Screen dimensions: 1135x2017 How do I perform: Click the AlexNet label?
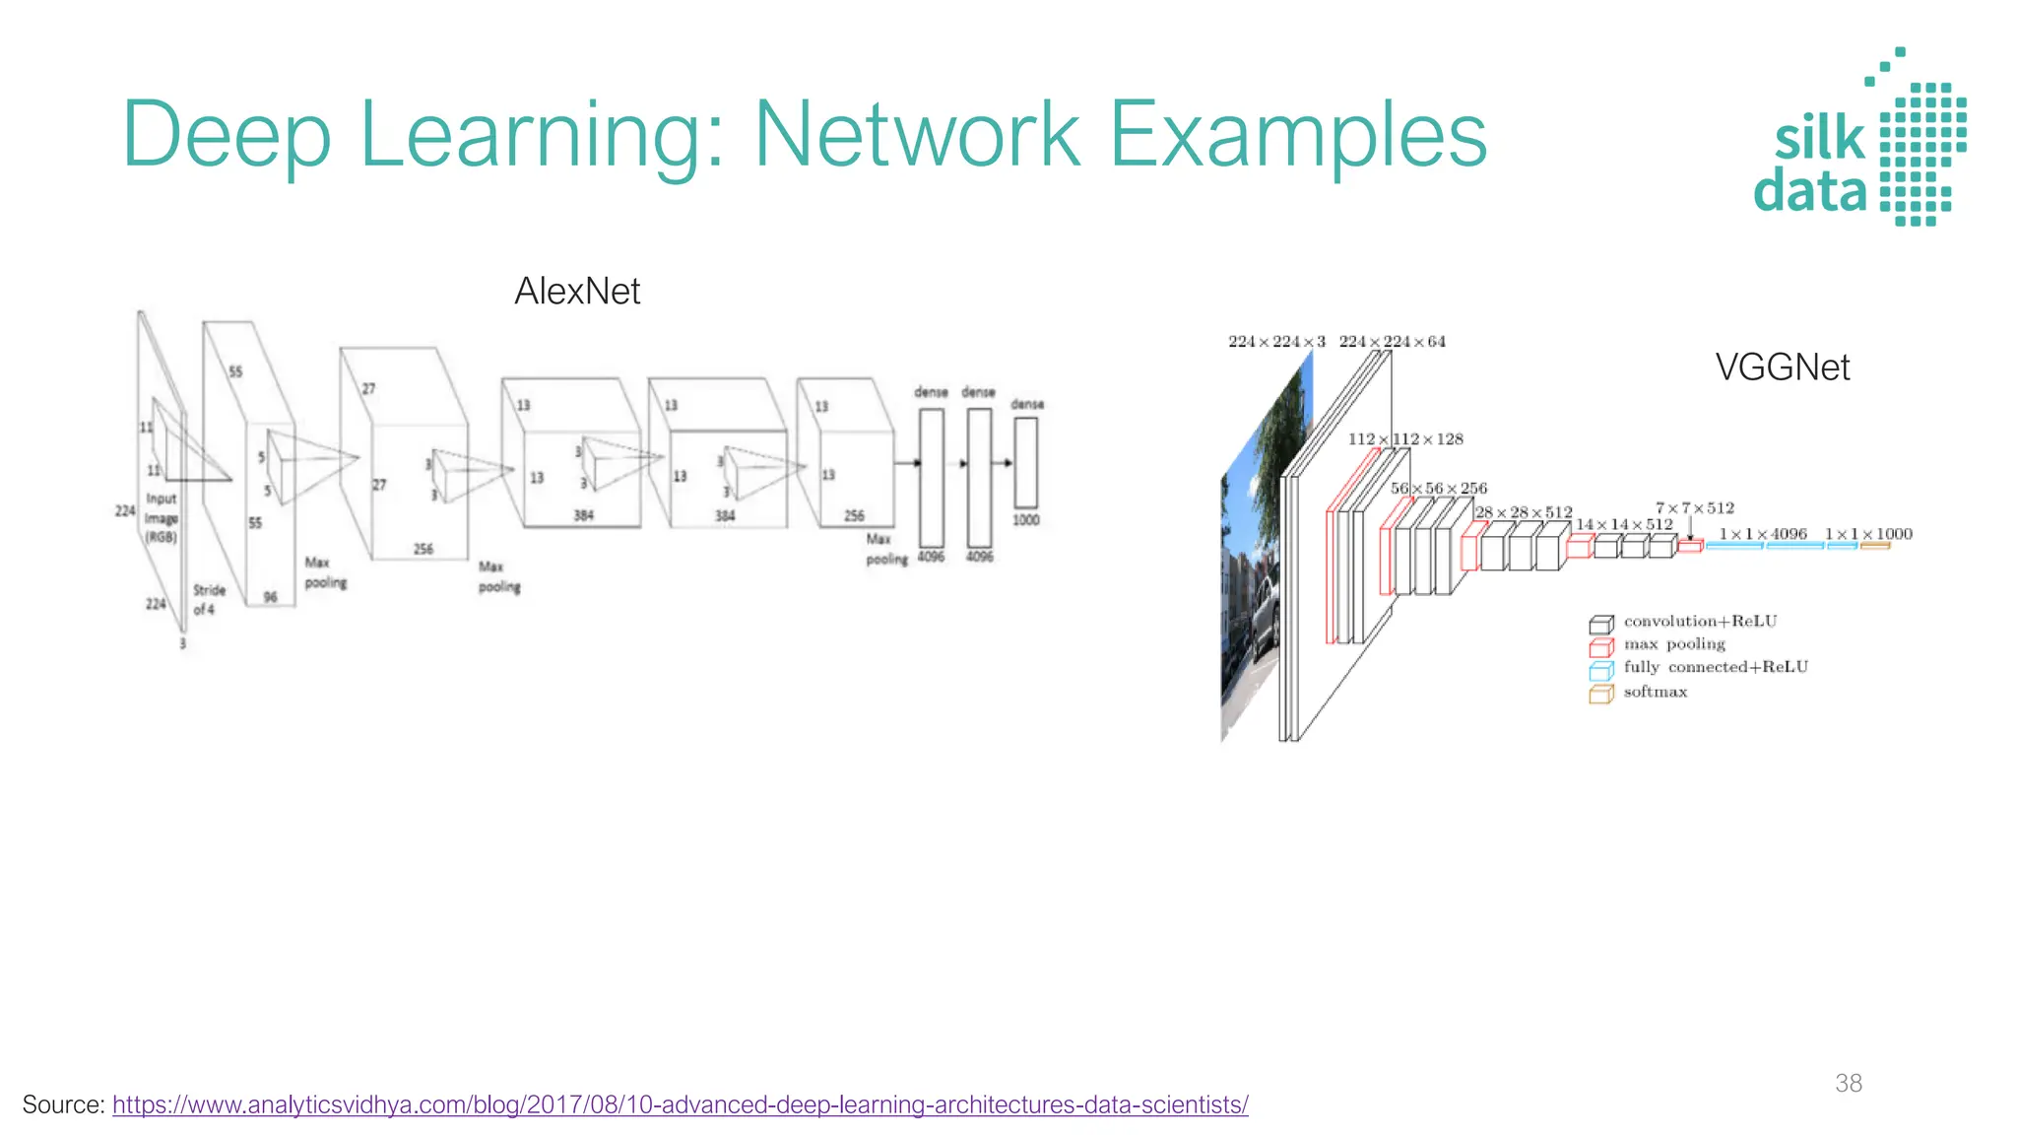tap(577, 292)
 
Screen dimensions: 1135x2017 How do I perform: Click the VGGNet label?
tap(1782, 367)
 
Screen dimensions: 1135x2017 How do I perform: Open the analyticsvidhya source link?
tap(680, 1104)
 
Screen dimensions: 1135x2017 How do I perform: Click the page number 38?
tap(1848, 1083)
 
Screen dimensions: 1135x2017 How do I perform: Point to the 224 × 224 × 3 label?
tap(1276, 342)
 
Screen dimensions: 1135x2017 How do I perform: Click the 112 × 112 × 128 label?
tap(1405, 439)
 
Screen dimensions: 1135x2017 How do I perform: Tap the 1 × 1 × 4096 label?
tap(1763, 534)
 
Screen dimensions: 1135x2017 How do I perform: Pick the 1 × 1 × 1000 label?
tap(1868, 534)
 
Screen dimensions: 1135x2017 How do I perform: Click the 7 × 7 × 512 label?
tap(1694, 508)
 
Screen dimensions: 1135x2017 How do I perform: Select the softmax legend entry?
tap(1655, 693)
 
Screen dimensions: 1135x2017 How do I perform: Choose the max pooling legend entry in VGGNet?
tap(1673, 644)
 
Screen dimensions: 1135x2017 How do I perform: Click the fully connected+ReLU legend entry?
tap(1715, 667)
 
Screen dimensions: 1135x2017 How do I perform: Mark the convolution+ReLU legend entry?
tap(1700, 622)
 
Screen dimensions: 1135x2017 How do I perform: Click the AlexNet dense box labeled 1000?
tap(1025, 462)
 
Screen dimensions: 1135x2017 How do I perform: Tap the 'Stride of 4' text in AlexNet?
tap(209, 600)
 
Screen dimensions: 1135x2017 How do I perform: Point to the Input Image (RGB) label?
tap(162, 518)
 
